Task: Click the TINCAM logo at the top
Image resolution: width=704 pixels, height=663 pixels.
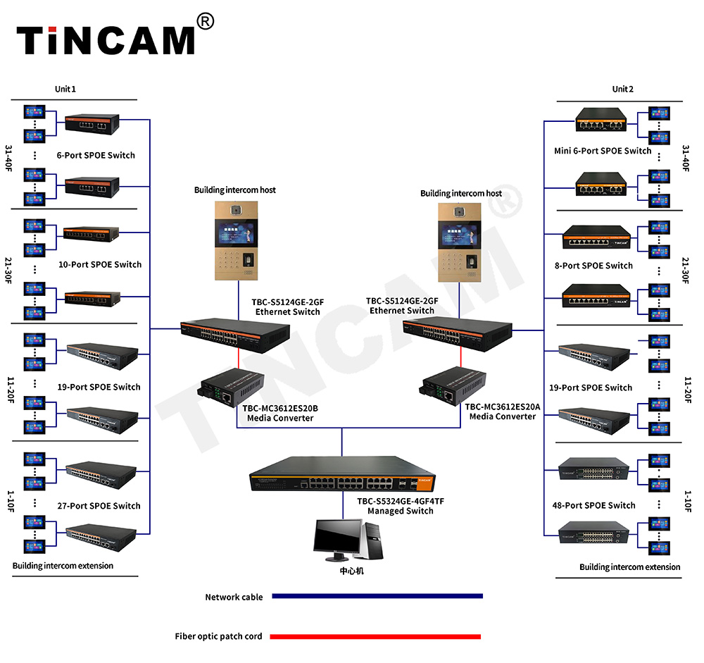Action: point(106,40)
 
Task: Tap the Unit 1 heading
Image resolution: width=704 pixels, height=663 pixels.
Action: point(65,89)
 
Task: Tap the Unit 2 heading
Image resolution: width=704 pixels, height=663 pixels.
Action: point(622,89)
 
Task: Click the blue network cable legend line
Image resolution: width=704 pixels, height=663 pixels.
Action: point(377,596)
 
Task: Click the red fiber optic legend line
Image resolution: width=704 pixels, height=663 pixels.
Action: point(375,636)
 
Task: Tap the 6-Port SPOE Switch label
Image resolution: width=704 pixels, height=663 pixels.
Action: point(96,155)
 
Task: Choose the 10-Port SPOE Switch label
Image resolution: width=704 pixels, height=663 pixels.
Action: point(99,265)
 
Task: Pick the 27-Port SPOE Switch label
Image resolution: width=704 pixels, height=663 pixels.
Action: point(99,506)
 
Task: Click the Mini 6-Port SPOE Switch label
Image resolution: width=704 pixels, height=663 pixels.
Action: point(603,151)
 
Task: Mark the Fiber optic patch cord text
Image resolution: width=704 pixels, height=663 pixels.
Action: point(218,636)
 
